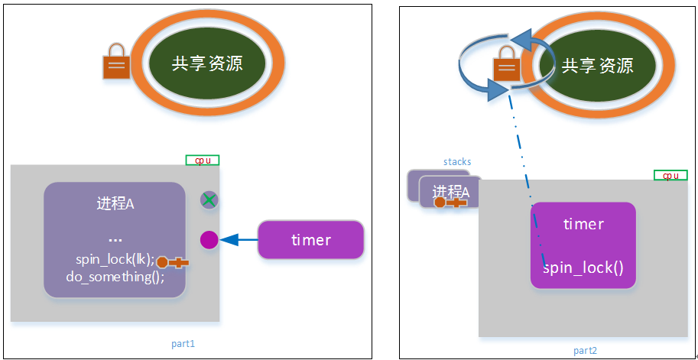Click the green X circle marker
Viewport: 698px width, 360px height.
coord(209,200)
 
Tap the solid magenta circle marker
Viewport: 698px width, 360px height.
coord(209,240)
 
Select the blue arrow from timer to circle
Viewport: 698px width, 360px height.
coord(239,240)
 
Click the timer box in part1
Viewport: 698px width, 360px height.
coord(310,240)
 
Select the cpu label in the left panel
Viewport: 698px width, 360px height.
coord(203,161)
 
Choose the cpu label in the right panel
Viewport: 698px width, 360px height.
coord(670,175)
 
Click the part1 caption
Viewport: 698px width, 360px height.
coord(183,344)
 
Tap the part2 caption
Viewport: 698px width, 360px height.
coord(585,351)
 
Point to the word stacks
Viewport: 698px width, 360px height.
coord(457,161)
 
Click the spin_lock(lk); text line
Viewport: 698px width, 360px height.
coord(115,259)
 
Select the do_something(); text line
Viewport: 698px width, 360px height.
coord(115,277)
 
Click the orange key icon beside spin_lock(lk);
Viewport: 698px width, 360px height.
coord(174,262)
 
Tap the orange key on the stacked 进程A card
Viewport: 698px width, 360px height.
coord(450,203)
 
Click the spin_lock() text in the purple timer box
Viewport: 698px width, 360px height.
coord(583,269)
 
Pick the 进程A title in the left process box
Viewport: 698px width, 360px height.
coord(115,203)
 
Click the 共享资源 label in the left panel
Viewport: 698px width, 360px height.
coord(207,64)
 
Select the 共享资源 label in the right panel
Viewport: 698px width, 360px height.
coord(597,66)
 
